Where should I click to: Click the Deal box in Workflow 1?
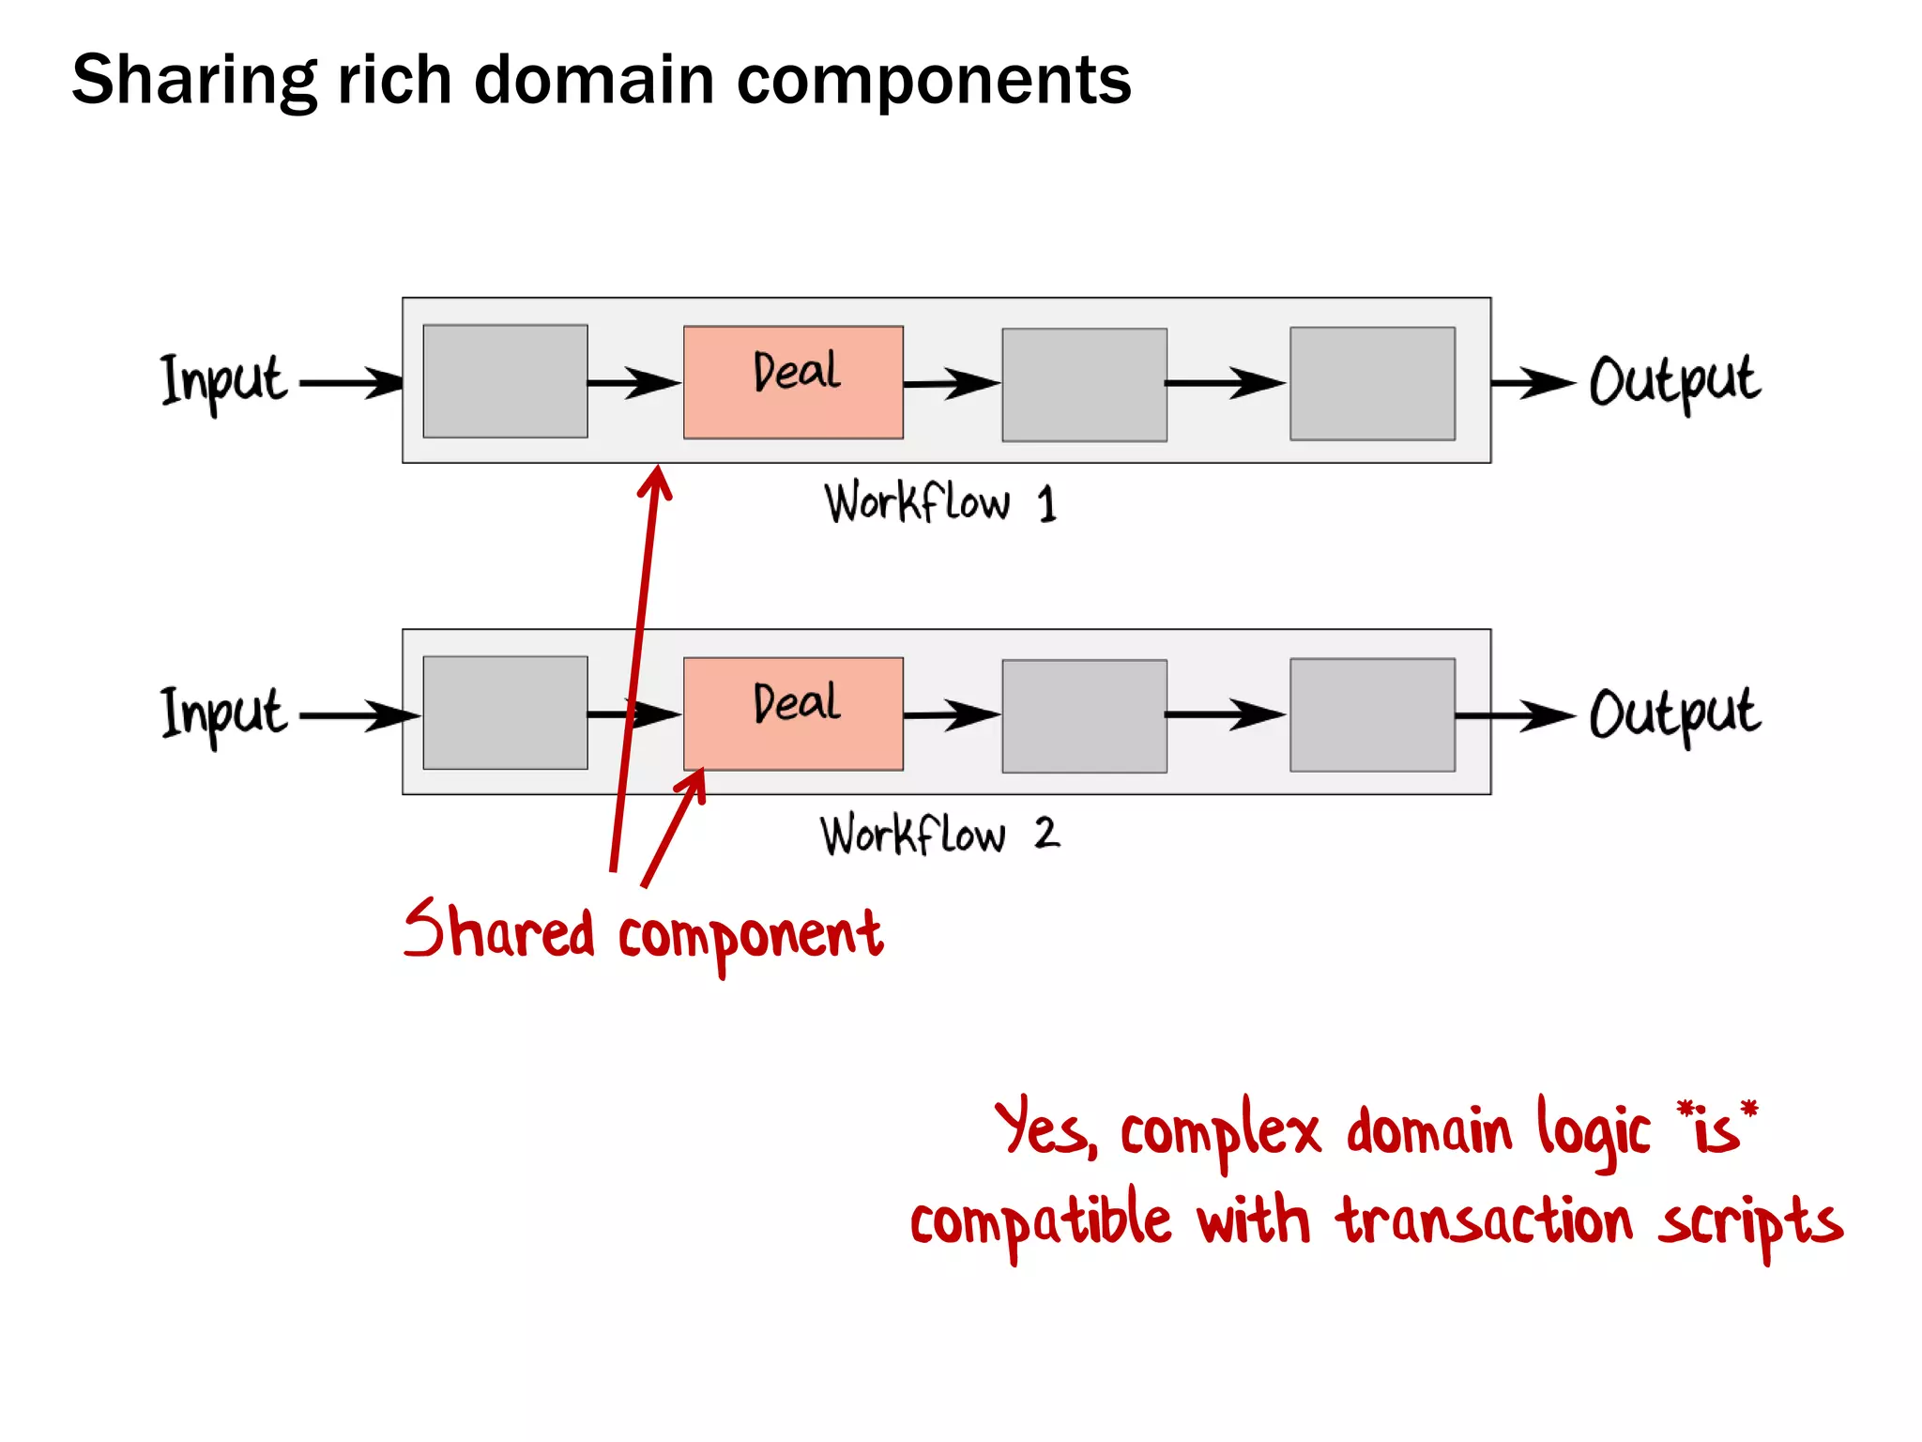[793, 382]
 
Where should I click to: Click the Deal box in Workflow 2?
[793, 713]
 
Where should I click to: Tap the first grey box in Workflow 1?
[505, 381]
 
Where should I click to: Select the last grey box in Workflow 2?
[1372, 715]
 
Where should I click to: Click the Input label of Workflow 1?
[223, 381]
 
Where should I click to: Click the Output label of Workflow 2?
[1674, 715]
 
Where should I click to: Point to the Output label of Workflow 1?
[1674, 382]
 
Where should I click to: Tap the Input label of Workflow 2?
[223, 713]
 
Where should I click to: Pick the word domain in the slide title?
[593, 80]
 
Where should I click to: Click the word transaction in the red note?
[1485, 1222]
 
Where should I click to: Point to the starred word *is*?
[1716, 1126]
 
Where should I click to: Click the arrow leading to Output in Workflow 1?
[1533, 383]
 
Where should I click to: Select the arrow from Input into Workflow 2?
[357, 715]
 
